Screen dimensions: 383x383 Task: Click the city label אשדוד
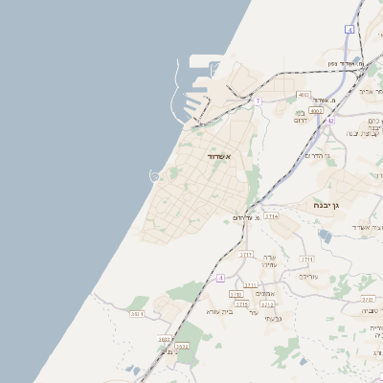[x=218, y=155]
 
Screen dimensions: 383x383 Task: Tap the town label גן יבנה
[x=329, y=205]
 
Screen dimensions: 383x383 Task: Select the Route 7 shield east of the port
[x=258, y=101]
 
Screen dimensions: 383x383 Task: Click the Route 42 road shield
[x=329, y=121]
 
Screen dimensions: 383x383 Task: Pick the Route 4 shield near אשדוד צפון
[x=350, y=31]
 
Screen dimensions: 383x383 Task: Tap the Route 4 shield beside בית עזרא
[x=220, y=278]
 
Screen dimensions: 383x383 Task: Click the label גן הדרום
[x=316, y=155]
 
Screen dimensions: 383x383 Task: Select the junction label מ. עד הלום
[x=248, y=217]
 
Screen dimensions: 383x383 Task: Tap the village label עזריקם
[x=307, y=276]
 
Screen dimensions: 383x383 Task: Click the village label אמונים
[x=266, y=293]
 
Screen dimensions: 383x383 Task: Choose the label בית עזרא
[x=219, y=311]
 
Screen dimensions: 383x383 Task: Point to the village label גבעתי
[x=271, y=317]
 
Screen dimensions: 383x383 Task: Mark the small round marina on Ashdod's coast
[x=154, y=174]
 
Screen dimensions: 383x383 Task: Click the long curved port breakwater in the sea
[x=173, y=96]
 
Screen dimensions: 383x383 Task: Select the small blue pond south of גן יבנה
[x=324, y=237]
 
